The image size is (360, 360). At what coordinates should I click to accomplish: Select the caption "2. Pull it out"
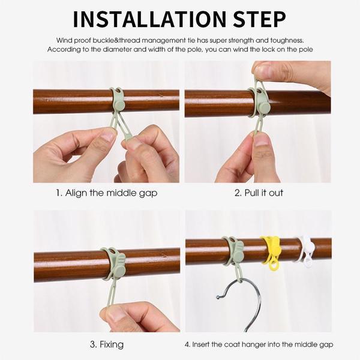click(259, 193)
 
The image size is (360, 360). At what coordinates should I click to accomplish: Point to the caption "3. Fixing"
click(107, 344)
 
